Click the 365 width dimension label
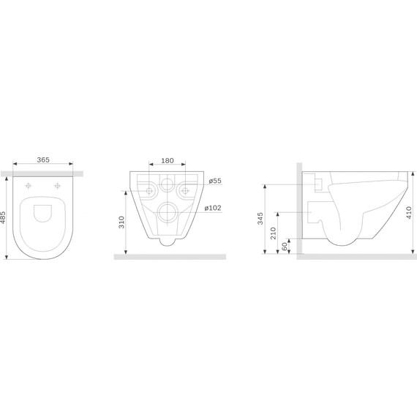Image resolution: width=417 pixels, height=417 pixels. tap(43, 159)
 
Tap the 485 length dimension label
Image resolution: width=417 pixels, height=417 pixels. tap(3, 218)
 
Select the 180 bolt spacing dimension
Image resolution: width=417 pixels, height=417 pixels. tap(168, 161)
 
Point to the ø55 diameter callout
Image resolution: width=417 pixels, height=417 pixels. tap(215, 181)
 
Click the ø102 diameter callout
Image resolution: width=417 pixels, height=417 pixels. tap(213, 208)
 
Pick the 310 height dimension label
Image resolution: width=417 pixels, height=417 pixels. tap(121, 222)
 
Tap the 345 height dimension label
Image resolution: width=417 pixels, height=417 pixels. tap(260, 218)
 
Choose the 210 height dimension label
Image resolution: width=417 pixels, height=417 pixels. tap(274, 233)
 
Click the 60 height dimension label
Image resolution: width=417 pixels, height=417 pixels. tap(285, 247)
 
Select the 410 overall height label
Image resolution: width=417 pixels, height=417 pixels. tap(409, 212)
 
